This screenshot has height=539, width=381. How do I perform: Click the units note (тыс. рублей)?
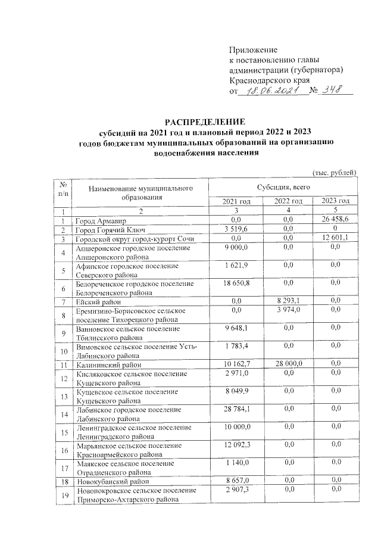click(334, 173)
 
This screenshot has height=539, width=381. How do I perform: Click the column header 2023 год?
click(337, 201)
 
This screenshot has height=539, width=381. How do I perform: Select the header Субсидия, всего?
click(284, 187)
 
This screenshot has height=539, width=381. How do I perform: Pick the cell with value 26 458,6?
click(337, 220)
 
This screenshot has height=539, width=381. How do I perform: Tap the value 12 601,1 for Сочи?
click(337, 238)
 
